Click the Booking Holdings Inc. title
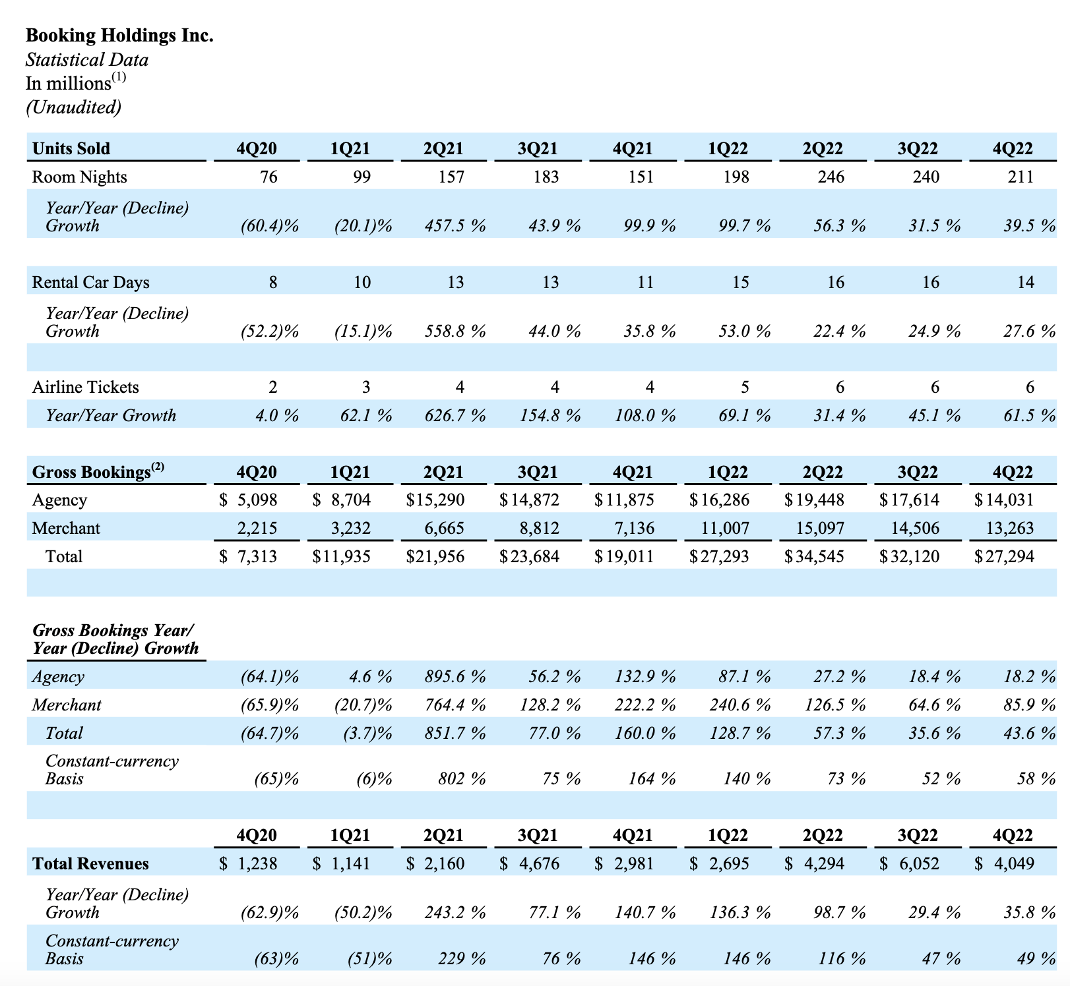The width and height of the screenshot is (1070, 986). tap(119, 35)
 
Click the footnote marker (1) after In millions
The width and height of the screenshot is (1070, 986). tap(119, 77)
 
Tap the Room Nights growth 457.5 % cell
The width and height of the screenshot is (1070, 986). tap(455, 226)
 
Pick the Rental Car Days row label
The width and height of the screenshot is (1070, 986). tap(90, 282)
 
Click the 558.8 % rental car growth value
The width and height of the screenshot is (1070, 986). tap(455, 331)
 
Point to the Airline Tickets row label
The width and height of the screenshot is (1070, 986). tap(85, 387)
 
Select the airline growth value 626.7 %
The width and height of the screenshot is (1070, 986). tap(455, 415)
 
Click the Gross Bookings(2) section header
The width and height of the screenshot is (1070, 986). tap(98, 472)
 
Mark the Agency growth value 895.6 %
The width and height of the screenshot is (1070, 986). tap(455, 676)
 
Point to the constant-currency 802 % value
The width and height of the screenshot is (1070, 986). tap(462, 779)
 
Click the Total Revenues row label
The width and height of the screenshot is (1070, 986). tap(90, 863)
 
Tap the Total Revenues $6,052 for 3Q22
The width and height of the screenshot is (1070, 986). tap(910, 863)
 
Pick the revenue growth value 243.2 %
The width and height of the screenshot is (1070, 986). tap(455, 912)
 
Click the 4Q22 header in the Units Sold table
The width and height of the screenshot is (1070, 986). tap(1013, 148)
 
